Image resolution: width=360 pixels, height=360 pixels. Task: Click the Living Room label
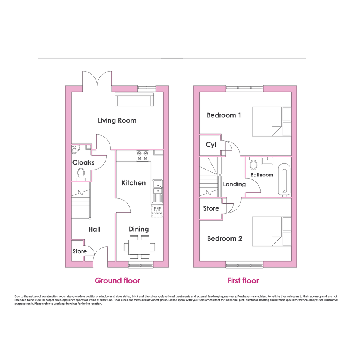(x=117, y=120)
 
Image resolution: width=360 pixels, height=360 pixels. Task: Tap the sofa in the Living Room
(x=134, y=99)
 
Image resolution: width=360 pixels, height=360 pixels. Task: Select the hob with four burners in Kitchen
(x=142, y=156)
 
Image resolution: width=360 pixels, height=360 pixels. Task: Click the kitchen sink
(x=157, y=192)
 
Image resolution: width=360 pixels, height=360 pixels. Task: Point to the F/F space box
(x=157, y=211)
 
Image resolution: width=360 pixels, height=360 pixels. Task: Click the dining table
(x=139, y=247)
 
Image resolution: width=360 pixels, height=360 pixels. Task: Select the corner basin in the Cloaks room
(x=75, y=149)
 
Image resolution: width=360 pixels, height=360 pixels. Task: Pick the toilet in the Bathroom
(x=253, y=163)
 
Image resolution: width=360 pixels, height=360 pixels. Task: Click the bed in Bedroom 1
(x=272, y=122)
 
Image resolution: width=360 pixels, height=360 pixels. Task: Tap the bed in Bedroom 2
(x=272, y=232)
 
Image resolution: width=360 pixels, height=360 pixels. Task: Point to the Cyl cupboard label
(x=211, y=145)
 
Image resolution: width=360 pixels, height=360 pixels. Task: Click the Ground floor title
(x=117, y=280)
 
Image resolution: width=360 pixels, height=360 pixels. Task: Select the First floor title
(x=243, y=280)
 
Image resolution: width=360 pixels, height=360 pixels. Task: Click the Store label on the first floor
(x=211, y=208)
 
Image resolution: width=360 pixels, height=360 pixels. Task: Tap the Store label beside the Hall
(x=80, y=251)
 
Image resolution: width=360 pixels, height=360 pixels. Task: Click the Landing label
(x=234, y=184)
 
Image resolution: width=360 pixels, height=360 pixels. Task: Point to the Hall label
(x=94, y=229)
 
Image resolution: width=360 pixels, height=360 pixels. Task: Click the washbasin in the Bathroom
(x=267, y=161)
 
